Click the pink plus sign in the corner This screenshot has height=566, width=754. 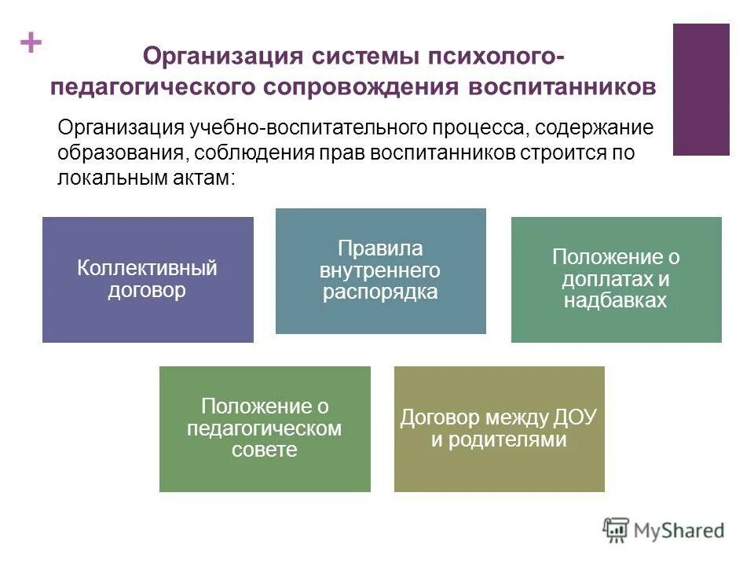pyautogui.click(x=31, y=43)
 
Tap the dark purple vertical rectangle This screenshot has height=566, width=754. pyautogui.click(x=701, y=89)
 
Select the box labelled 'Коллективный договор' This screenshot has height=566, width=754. pyautogui.click(x=148, y=279)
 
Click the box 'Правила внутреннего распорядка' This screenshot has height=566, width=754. pyautogui.click(x=380, y=270)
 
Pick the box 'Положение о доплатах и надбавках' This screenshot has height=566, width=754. pyautogui.click(x=616, y=279)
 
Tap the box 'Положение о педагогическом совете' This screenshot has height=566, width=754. pyautogui.click(x=265, y=428)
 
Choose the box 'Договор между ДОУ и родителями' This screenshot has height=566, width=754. pyautogui.click(x=499, y=428)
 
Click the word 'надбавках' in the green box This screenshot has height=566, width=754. pyautogui.click(x=616, y=300)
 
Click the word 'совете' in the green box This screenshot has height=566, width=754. pyautogui.click(x=265, y=450)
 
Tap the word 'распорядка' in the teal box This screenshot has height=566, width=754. pyautogui.click(x=380, y=292)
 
